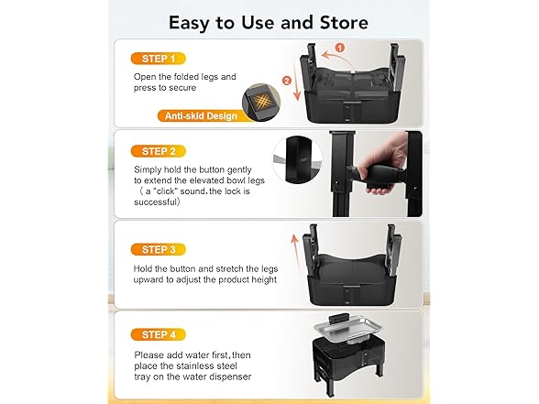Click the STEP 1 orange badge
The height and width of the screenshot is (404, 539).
[158, 59]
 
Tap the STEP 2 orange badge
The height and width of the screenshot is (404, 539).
[158, 151]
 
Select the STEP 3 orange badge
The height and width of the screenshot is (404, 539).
[158, 249]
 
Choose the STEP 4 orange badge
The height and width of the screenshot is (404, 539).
[158, 334]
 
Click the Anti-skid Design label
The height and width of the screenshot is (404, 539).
[201, 115]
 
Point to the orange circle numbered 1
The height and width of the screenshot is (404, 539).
[339, 48]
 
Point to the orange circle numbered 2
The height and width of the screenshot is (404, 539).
[287, 81]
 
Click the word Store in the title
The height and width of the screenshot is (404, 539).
[344, 23]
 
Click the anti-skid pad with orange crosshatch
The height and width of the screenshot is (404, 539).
[261, 103]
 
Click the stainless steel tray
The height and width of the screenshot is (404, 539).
[348, 330]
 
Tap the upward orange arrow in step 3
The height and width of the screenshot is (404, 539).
[295, 254]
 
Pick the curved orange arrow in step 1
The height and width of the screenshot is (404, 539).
[337, 58]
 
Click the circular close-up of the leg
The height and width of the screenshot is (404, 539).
[298, 159]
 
